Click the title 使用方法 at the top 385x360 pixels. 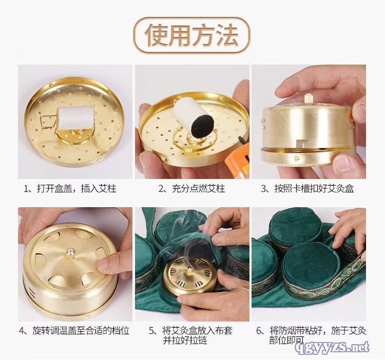coord(191,35)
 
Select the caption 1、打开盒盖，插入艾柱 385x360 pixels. coord(70,189)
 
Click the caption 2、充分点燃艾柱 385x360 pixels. coord(192,189)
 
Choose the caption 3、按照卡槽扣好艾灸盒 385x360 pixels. coord(307,189)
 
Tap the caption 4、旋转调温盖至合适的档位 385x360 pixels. coord(74,331)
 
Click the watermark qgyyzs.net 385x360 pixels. coord(333,347)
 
